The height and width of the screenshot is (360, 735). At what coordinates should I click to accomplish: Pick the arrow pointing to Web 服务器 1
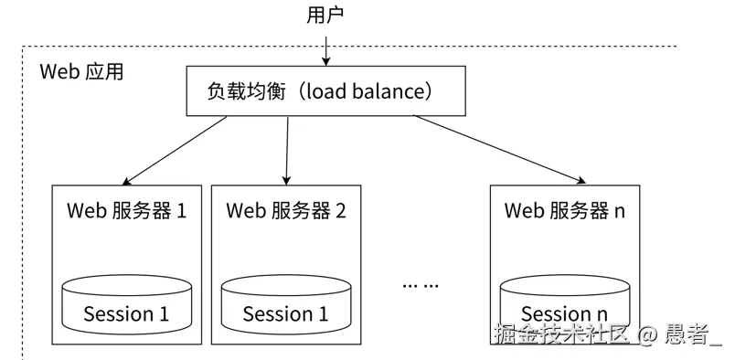pos(175,151)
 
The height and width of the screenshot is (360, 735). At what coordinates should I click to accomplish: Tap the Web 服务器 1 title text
pos(126,211)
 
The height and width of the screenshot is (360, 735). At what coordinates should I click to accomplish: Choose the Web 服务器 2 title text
pos(286,211)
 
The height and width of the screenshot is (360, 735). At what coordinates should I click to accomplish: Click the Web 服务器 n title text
pos(565,211)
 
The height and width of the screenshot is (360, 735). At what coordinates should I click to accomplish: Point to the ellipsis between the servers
pos(421,284)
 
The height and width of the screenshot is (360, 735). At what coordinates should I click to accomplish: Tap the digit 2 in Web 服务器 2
pos(340,211)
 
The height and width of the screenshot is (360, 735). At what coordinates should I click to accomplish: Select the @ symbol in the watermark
pos(647,334)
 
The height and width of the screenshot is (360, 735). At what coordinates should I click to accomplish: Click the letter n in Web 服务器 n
pos(620,212)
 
